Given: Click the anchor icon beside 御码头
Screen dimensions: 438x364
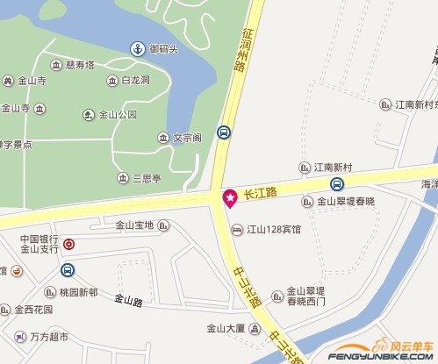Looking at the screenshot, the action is pyautogui.click(x=137, y=48).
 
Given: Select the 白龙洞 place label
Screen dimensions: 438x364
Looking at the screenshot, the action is pyautogui.click(x=135, y=81).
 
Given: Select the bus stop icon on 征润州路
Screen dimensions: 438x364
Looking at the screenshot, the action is pyautogui.click(x=225, y=133).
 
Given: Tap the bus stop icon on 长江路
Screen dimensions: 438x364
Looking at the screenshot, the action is pyautogui.click(x=337, y=184).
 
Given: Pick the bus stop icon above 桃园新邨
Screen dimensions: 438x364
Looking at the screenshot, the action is pyautogui.click(x=68, y=270).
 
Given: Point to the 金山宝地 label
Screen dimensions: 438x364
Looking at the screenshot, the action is pyautogui.click(x=135, y=225).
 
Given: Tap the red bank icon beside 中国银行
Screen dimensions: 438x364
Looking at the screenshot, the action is pyautogui.click(x=68, y=244).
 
